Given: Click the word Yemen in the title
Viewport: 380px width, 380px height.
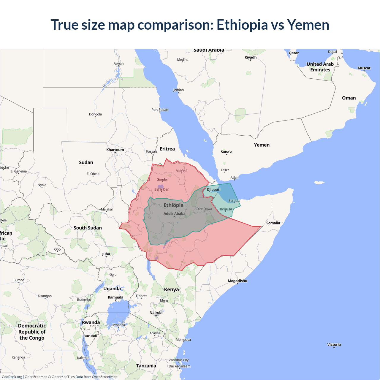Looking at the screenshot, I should point(308,25).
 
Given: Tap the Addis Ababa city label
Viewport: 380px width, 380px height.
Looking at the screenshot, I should point(174,213).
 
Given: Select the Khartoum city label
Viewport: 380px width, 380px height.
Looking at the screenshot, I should point(115,150).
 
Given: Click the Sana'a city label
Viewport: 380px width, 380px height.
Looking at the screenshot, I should point(227,152).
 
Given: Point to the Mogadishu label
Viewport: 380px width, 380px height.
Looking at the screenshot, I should point(237,281).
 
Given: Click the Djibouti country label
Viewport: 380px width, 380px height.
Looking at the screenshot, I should point(213,189).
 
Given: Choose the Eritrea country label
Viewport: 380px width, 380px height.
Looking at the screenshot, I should point(167,149).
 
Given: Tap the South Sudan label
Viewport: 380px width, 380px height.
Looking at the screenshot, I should point(88,228).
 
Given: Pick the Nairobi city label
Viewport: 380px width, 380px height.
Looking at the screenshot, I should point(156,312).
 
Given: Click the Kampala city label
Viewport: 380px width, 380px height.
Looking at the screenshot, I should point(115,297).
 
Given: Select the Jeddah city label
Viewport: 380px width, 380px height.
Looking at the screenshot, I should point(178,90).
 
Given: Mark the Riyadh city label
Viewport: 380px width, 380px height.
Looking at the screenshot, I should point(250,57).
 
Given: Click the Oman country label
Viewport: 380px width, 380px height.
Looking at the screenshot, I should point(349,98).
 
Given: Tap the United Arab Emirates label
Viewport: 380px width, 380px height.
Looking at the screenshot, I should point(320,67).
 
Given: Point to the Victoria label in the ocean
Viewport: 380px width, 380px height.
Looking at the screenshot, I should point(334,344).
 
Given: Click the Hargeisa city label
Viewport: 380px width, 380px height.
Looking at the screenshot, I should point(225,209).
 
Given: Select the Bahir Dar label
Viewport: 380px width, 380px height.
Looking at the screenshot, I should point(161,189).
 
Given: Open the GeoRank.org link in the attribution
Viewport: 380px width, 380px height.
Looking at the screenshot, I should point(12,377).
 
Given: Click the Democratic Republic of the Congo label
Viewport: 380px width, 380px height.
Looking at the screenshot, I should point(32,332).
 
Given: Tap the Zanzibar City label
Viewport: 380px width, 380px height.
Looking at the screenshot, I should point(179,360).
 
